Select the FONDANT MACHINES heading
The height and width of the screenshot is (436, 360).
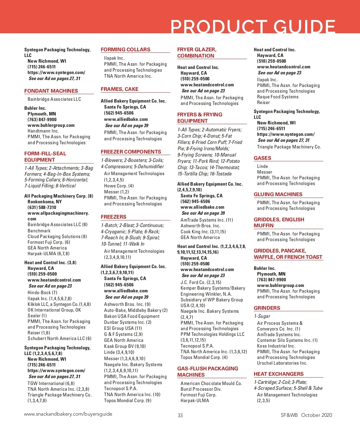(51, 91)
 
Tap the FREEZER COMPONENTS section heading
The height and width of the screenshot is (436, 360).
(131, 152)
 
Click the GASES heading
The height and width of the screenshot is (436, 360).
(262, 158)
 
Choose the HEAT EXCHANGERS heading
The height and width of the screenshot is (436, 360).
(278, 374)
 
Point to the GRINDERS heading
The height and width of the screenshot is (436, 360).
(267, 308)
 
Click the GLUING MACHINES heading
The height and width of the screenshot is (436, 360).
(278, 194)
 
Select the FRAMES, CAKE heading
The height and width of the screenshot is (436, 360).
(119, 89)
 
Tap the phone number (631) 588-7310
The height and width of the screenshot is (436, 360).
(42, 207)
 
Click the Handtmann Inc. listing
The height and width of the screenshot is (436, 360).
(43, 131)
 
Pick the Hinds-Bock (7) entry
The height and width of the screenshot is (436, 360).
(42, 292)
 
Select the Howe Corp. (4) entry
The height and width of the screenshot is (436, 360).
(119, 186)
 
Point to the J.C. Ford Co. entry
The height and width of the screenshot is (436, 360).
(201, 282)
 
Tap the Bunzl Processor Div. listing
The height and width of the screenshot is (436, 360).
(201, 389)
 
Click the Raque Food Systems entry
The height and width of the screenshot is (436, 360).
(277, 97)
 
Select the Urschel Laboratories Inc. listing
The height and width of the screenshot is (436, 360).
(282, 363)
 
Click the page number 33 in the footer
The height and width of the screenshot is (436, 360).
(180, 415)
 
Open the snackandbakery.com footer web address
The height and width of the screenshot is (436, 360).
(68, 414)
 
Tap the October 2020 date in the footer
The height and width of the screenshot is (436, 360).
(316, 415)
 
